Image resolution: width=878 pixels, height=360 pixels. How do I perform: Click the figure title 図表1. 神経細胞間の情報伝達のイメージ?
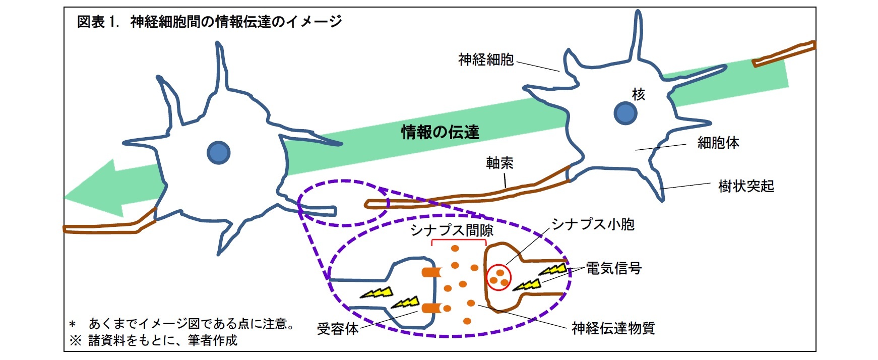tap(209, 22)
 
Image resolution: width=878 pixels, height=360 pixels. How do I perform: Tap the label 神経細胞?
tap(486, 60)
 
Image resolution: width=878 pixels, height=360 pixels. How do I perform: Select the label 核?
tap(638, 94)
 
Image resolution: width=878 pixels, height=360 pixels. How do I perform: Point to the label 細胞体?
tap(718, 143)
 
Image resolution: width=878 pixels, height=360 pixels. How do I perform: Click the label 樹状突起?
tap(746, 187)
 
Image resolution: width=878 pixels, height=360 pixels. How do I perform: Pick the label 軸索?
tap(499, 163)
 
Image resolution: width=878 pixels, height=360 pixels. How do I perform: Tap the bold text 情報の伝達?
tap(440, 132)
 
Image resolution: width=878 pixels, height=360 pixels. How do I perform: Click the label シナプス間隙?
tap(452, 230)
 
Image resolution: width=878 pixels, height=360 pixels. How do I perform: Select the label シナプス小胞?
tap(593, 224)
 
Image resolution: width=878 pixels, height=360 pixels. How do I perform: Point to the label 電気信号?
tap(613, 268)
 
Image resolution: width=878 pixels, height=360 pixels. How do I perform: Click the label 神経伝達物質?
tap(613, 329)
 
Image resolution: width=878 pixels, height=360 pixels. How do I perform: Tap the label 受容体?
tap(338, 329)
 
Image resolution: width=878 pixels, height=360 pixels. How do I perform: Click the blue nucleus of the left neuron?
tap(219, 152)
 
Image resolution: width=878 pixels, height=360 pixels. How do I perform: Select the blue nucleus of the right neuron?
tap(625, 113)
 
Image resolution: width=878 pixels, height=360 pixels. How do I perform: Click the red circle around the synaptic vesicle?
tap(499, 277)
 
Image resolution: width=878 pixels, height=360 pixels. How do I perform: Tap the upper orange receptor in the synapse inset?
tap(431, 273)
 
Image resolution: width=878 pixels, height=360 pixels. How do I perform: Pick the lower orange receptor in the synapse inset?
tap(431, 308)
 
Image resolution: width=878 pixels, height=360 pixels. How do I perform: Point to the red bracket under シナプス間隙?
tap(459, 241)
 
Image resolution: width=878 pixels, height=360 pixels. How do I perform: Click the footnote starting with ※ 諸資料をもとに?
tap(153, 341)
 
